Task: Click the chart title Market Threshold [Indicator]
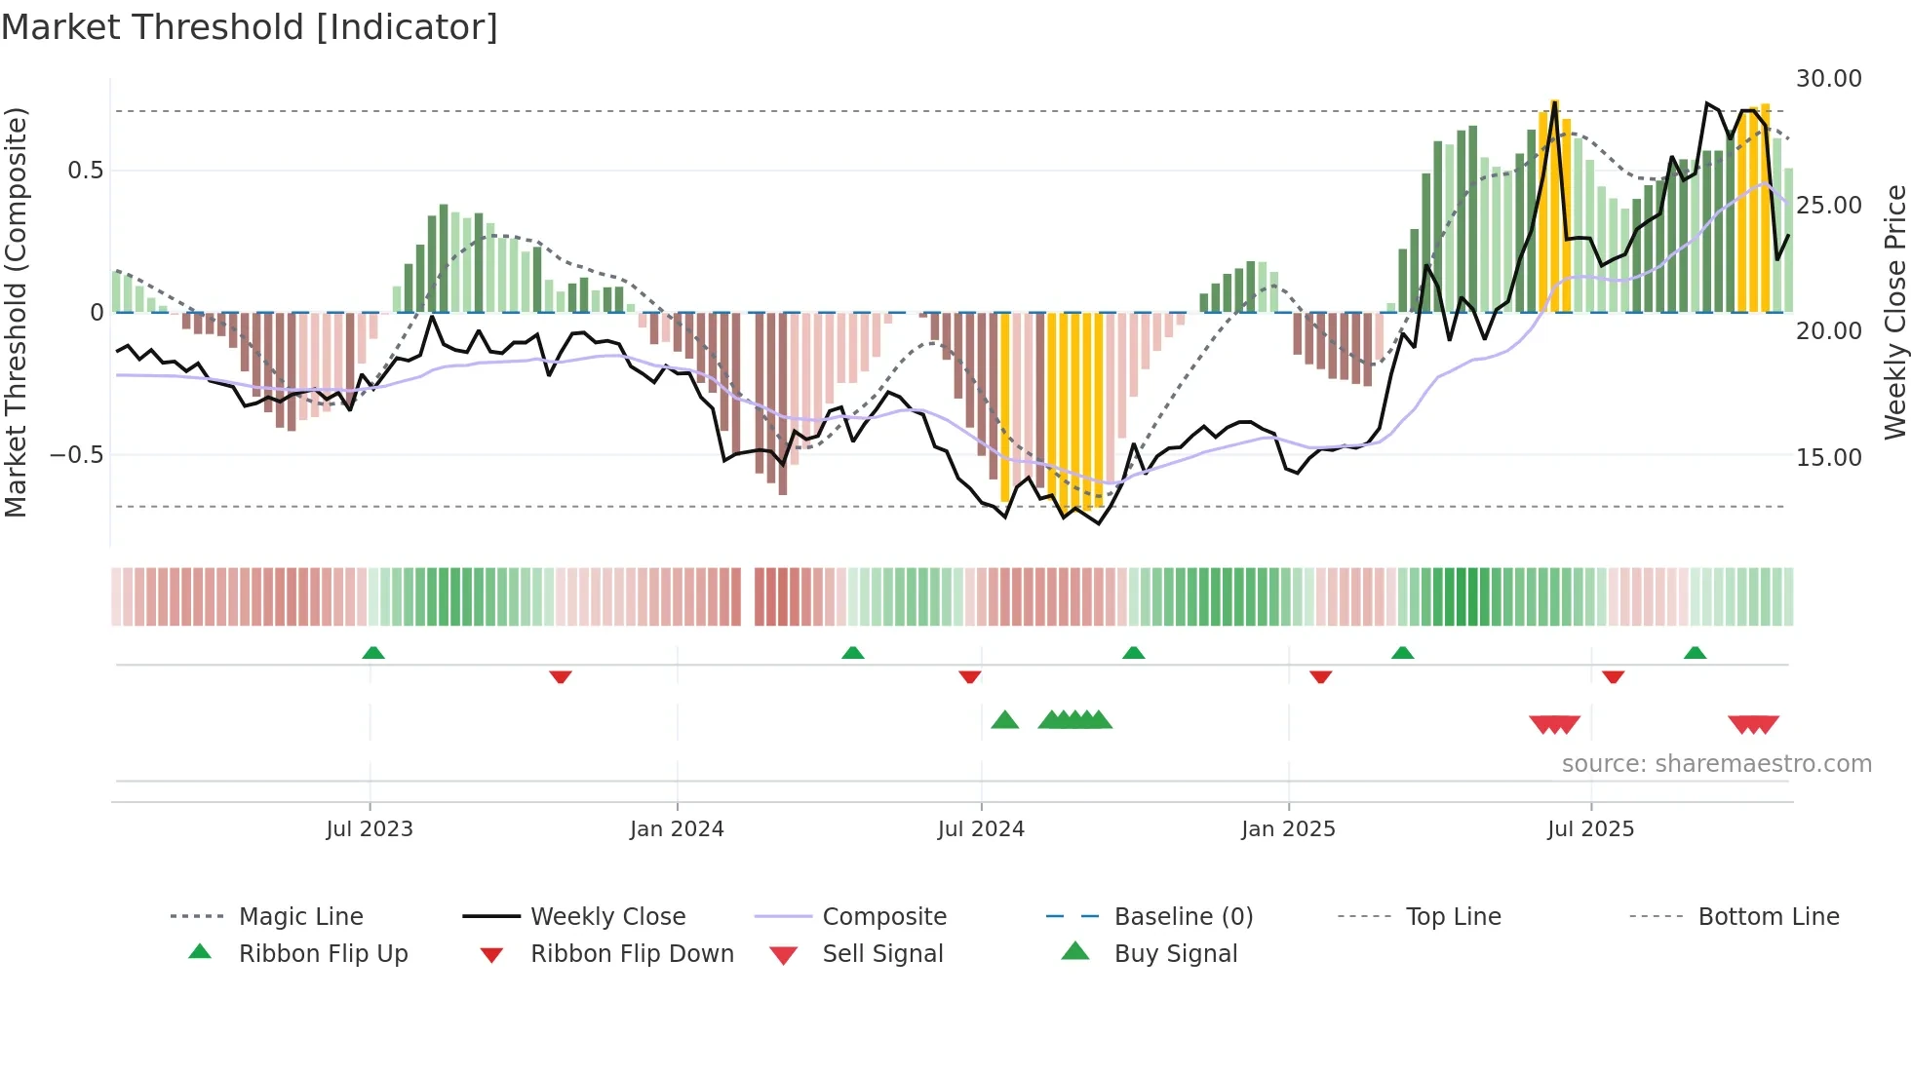(x=250, y=27)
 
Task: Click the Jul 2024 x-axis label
(x=981, y=828)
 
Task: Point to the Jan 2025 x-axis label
(x=1288, y=828)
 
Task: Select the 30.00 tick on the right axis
(x=1828, y=78)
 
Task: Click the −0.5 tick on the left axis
(x=76, y=455)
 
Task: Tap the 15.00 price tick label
(x=1828, y=457)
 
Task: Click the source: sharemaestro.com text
(x=1716, y=763)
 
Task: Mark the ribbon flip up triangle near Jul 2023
(x=373, y=653)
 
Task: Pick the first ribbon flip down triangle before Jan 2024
(x=560, y=676)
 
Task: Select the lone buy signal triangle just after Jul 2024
(x=1004, y=720)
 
